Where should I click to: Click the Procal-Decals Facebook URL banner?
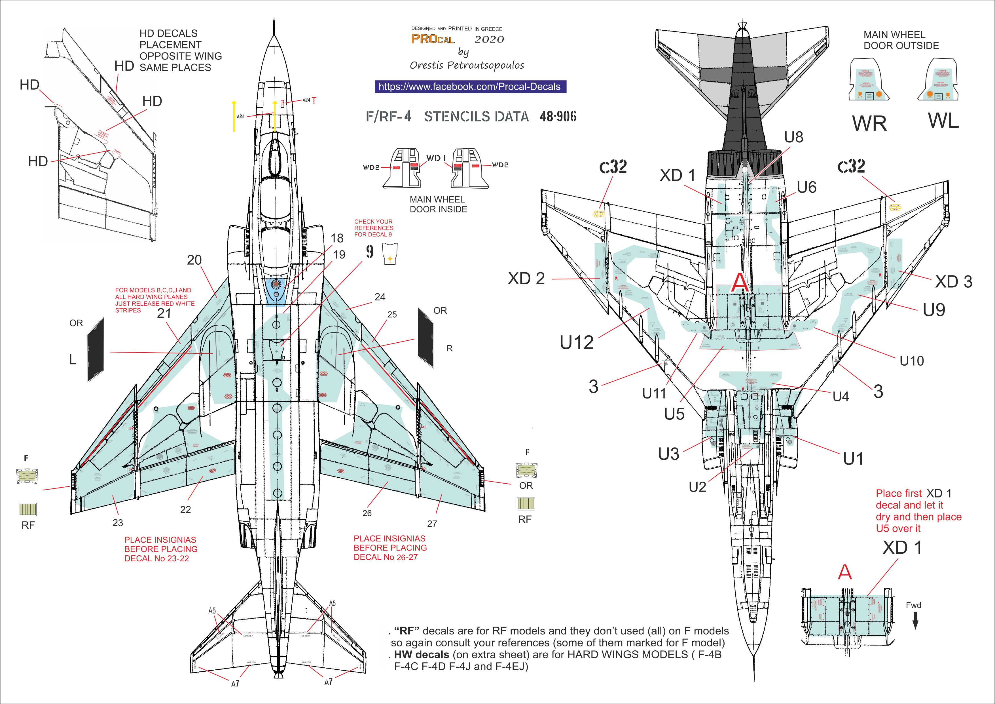(x=470, y=87)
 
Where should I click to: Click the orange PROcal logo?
(x=433, y=39)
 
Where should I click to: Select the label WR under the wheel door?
(x=869, y=124)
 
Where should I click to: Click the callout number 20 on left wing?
(x=194, y=260)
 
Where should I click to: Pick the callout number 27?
(x=432, y=524)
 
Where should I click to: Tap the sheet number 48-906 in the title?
(x=558, y=116)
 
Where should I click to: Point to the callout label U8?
(x=793, y=137)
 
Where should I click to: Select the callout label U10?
(x=911, y=361)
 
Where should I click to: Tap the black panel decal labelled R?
(x=425, y=337)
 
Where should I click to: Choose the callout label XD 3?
(x=953, y=282)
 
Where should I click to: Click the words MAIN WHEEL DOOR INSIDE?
(x=438, y=205)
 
